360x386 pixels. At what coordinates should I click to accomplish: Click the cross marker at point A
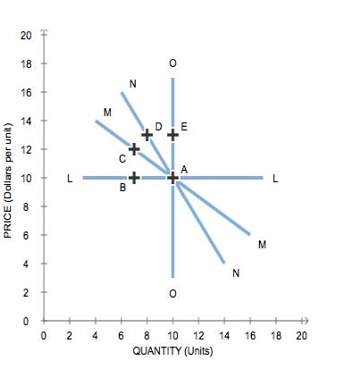172,178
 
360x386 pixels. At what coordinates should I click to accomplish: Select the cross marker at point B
134,178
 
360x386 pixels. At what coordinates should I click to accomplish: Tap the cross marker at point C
134,149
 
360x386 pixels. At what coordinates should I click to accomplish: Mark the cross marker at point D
147,135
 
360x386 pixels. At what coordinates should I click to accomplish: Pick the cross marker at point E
172,135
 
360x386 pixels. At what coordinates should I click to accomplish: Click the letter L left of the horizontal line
70,179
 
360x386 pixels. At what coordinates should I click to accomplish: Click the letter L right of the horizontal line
275,179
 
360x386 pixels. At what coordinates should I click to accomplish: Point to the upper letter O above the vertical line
172,63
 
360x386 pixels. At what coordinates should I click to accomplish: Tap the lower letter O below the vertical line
172,293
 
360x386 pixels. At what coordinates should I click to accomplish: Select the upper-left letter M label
107,112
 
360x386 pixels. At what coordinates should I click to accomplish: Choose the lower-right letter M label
262,244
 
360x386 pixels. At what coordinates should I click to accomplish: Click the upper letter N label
132,84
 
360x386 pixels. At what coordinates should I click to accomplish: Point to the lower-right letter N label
236,273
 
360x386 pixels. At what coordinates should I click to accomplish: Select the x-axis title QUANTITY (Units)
172,350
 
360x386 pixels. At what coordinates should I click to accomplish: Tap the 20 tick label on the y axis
26,35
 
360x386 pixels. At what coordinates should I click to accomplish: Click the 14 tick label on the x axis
224,335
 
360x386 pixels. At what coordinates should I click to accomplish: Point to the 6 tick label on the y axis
29,235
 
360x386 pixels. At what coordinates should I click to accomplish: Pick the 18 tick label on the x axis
276,335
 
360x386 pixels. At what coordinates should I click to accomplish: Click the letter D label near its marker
158,127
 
